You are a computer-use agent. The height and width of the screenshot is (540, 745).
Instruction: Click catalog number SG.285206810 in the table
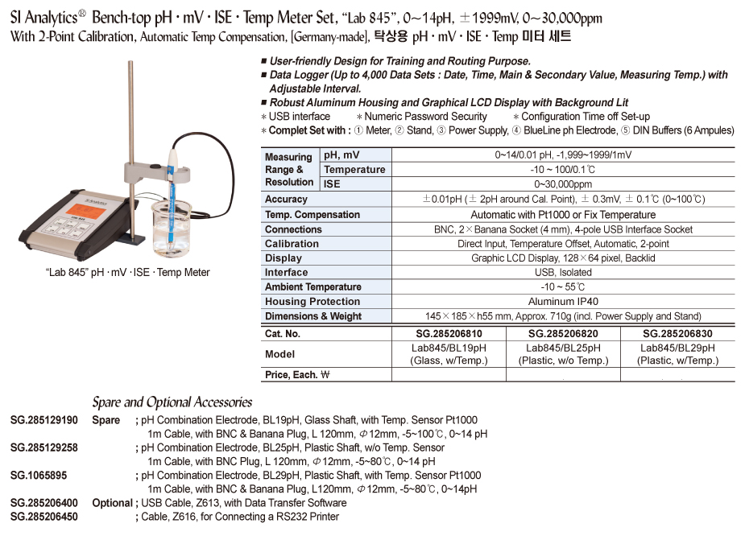pos(449,333)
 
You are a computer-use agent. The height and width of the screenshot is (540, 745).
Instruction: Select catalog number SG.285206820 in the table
pos(563,333)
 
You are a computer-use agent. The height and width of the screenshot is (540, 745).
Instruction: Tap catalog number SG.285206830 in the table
pos(677,333)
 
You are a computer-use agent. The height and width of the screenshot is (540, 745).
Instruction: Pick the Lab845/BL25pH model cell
pos(563,354)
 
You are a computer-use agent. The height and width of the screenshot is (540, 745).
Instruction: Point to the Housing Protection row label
pos(312,302)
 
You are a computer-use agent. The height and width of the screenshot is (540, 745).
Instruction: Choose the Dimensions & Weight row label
pos(313,316)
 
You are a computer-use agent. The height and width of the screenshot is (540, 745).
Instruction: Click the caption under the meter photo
pos(127,272)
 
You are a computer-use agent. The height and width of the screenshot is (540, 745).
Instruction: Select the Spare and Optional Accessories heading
pos(172,402)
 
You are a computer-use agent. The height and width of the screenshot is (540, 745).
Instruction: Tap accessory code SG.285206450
pos(44,517)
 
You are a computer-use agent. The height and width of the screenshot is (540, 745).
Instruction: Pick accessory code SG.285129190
pos(44,420)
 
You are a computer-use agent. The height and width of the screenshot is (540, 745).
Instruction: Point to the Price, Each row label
pos(298,375)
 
